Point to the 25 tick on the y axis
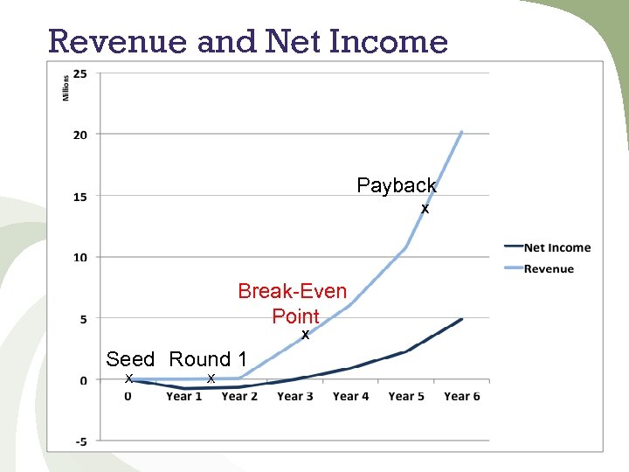[x=79, y=74]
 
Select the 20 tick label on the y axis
[x=79, y=135]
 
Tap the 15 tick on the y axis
[x=79, y=197]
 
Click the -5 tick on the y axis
[x=79, y=441]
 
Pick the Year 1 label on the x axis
[x=184, y=397]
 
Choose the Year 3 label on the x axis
[x=295, y=397]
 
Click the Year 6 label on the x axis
[x=462, y=397]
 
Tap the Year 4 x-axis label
[x=350, y=397]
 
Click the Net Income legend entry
[x=556, y=248]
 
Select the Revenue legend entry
[x=549, y=269]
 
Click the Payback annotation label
[x=397, y=185]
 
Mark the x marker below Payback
[x=425, y=210]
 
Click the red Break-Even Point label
[x=293, y=302]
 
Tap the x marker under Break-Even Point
[x=306, y=335]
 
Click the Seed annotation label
[x=130, y=359]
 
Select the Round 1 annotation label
[x=208, y=359]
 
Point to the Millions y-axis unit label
[x=66, y=85]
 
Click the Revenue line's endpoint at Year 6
[x=461, y=132]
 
